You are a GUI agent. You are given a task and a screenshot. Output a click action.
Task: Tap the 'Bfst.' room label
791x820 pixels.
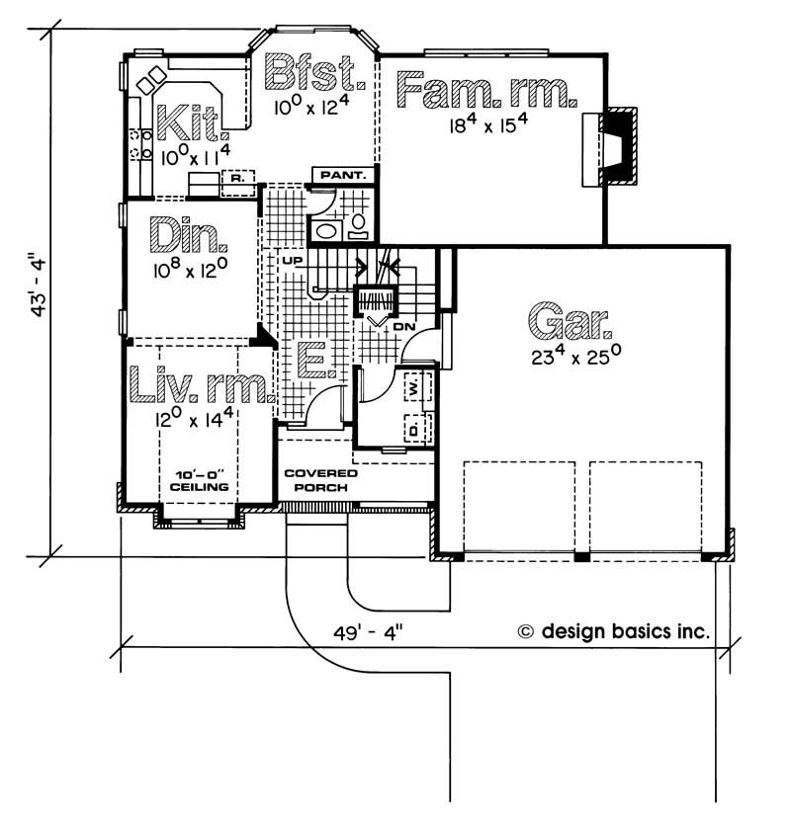coord(315,73)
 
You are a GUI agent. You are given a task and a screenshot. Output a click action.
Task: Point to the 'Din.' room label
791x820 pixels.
coord(189,237)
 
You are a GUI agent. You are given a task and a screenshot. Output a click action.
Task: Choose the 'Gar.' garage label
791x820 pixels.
coord(571,320)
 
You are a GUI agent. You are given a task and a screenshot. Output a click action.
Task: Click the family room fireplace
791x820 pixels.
coord(613,148)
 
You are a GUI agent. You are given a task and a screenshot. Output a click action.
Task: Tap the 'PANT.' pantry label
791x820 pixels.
coord(344,176)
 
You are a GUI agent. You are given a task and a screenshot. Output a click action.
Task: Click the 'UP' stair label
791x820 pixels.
coord(293,260)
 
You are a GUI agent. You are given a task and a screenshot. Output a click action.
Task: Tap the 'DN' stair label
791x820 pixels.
coord(402,326)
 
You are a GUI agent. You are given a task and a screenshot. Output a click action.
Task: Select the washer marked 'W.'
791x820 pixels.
coord(414,389)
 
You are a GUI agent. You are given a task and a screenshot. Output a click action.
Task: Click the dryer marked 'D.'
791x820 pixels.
coord(414,429)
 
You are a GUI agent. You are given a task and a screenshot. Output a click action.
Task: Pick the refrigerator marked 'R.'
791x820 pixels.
coord(237,179)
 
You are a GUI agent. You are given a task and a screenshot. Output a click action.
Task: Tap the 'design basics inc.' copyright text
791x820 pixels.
coord(612,630)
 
